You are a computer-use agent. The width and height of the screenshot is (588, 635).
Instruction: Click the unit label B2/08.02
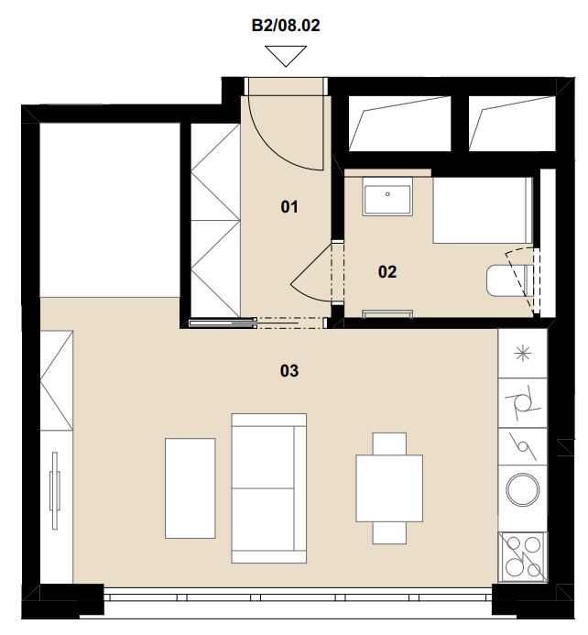point(286,25)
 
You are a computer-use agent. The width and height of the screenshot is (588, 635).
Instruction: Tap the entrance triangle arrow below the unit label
point(286,56)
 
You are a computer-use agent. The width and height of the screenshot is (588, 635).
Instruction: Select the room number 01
point(289,207)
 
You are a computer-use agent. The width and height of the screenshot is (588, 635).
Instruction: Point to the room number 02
point(387,272)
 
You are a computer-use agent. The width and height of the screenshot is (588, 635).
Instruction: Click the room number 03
point(289,370)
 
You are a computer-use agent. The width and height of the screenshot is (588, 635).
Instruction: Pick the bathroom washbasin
point(387,196)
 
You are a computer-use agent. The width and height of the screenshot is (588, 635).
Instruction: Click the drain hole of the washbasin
point(387,194)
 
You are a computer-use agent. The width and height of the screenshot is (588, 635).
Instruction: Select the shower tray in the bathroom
point(483,210)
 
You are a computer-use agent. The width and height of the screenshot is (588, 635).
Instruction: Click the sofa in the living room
point(268,488)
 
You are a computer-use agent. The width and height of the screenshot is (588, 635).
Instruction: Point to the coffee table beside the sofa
point(191,488)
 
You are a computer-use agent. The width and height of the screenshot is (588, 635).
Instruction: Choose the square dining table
point(389,488)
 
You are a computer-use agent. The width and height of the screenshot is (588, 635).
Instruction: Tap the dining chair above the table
point(389,443)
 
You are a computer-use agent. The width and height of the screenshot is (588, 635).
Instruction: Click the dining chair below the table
point(389,532)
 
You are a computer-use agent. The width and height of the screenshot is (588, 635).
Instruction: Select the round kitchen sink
point(523,489)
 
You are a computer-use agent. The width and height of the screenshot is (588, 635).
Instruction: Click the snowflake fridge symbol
point(522,355)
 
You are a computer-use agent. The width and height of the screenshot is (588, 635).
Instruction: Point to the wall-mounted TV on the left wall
point(55,490)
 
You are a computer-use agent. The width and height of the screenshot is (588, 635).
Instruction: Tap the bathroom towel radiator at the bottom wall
point(387,313)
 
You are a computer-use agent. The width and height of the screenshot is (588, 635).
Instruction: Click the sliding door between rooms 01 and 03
point(223,323)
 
